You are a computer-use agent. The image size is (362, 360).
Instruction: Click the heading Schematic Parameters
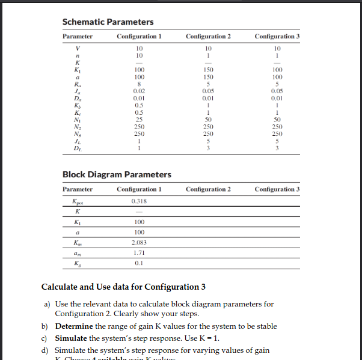(x=108, y=22)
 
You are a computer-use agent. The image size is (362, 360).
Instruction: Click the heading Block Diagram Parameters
(x=117, y=175)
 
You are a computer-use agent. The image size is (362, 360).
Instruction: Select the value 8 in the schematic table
(x=139, y=85)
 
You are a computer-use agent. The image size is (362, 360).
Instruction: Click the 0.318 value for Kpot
(x=139, y=201)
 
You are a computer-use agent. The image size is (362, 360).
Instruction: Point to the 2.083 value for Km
(x=139, y=243)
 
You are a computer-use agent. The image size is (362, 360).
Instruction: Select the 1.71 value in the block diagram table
(x=139, y=253)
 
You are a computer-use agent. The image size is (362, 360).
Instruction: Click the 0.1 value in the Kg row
(x=139, y=263)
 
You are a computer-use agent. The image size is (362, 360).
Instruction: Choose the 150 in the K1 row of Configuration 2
(x=209, y=70)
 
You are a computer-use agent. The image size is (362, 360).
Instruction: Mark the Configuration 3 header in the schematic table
(x=277, y=37)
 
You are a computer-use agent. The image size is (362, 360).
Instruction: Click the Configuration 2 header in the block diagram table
(x=209, y=189)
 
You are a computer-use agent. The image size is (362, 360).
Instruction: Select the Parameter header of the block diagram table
(x=78, y=189)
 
